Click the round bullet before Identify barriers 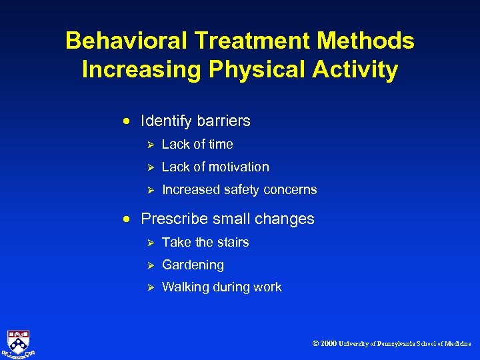[127, 121]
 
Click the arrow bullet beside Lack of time [151, 145]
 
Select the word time [220, 144]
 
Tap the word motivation [237, 167]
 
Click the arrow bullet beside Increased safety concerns [151, 190]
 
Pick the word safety [242, 189]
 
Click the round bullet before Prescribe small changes [127, 219]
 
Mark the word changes [287, 219]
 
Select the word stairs [232, 242]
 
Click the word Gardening [193, 265]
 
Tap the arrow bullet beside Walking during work [151, 287]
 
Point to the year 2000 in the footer [328, 343]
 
